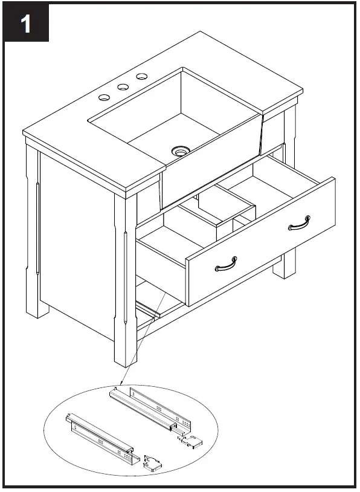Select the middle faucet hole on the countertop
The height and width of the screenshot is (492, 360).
[123, 87]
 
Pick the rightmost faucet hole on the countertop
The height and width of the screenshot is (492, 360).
[143, 77]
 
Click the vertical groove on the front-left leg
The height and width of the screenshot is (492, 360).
[126, 278]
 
